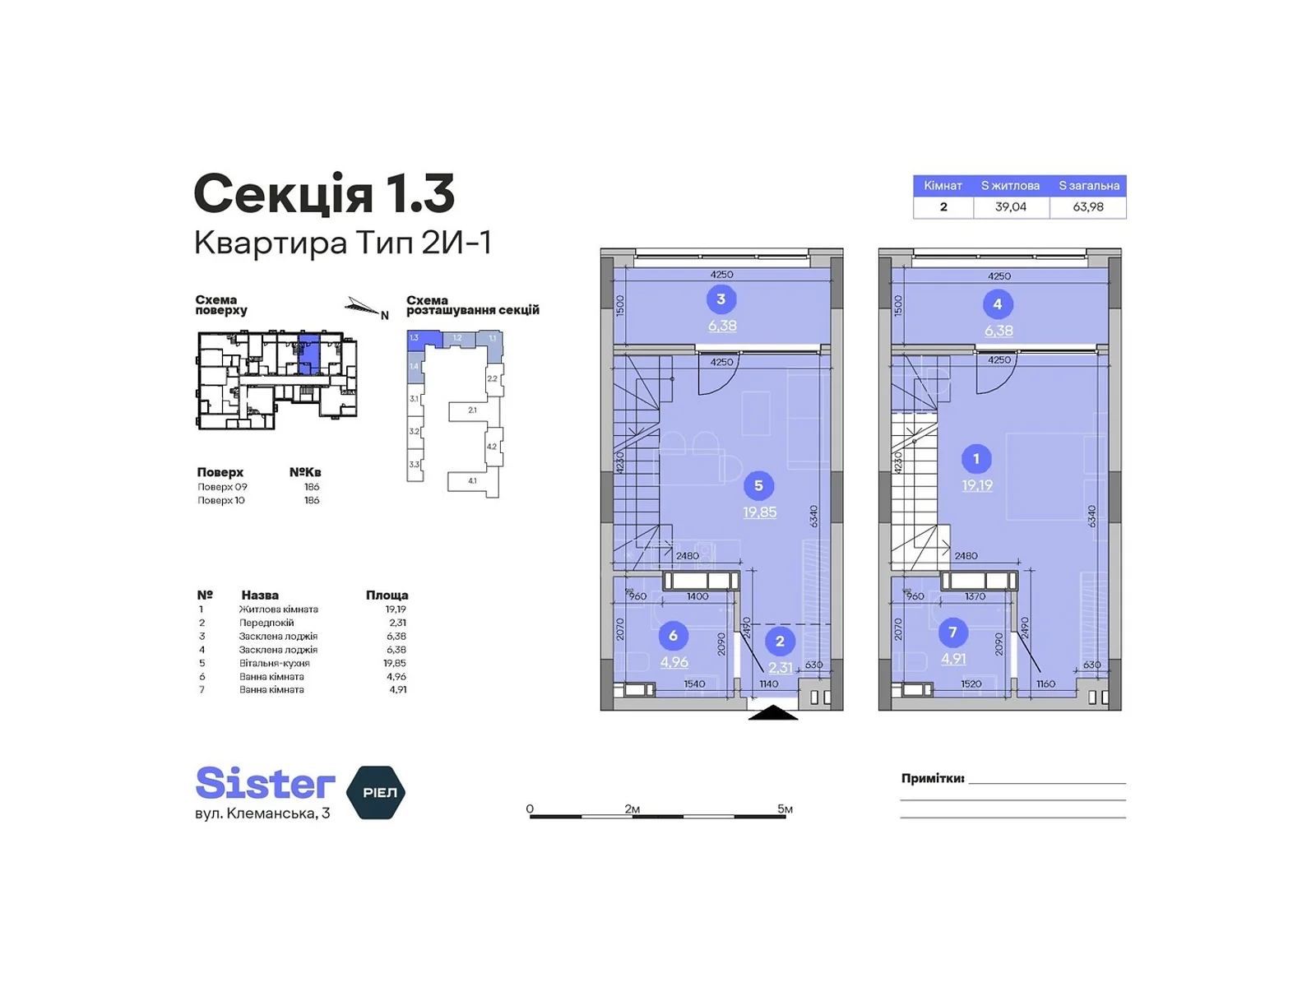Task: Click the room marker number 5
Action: [758, 485]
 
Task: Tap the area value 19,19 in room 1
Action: [977, 485]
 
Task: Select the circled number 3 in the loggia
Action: [721, 299]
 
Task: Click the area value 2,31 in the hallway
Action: [781, 668]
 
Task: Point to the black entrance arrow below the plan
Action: [773, 712]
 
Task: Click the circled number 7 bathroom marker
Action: [952, 633]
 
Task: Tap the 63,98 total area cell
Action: [1087, 207]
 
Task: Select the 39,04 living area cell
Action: [1010, 207]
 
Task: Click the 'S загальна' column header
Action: [1088, 186]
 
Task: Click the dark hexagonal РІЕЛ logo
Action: [378, 792]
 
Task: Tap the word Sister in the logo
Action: [265, 783]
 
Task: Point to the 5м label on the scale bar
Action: [785, 809]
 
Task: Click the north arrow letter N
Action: [384, 315]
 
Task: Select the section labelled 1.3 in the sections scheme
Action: [415, 338]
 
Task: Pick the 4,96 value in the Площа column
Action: [396, 677]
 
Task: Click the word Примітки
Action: [932, 778]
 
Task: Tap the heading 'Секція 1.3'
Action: [324, 194]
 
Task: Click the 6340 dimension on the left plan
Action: [814, 517]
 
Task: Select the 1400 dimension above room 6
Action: [697, 596]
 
